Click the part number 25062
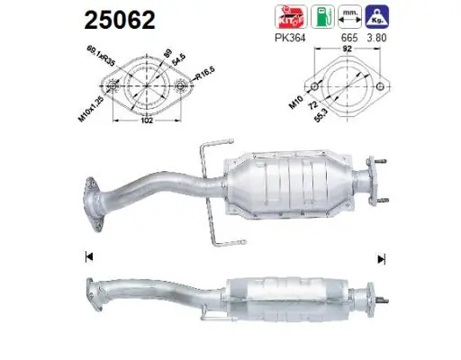(x=120, y=19)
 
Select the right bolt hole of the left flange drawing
(x=180, y=87)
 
